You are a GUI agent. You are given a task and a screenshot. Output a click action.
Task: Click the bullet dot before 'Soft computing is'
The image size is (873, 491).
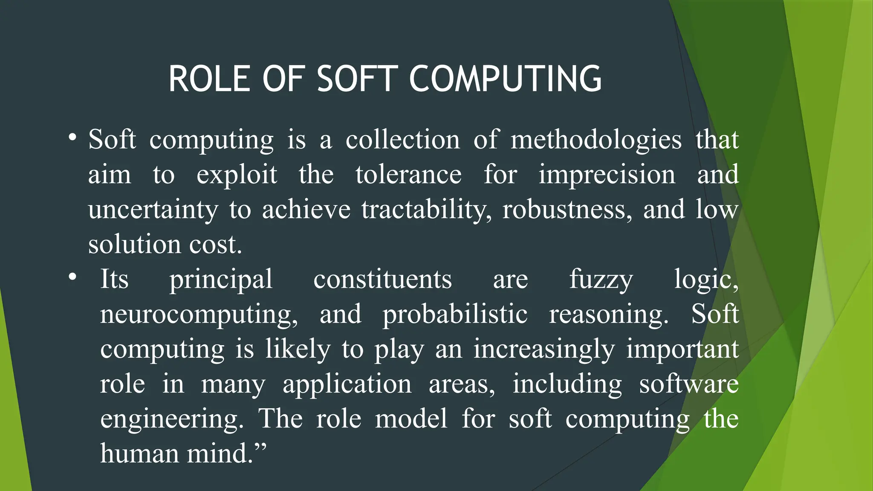72,138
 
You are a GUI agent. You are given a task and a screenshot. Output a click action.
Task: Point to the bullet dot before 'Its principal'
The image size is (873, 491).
72,277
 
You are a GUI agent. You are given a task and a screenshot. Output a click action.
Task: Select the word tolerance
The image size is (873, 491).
408,175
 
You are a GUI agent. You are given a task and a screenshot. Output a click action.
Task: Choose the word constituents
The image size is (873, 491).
382,280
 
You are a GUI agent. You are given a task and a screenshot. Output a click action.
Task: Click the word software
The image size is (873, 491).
689,384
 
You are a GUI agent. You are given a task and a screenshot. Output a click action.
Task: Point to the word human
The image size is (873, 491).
139,453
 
